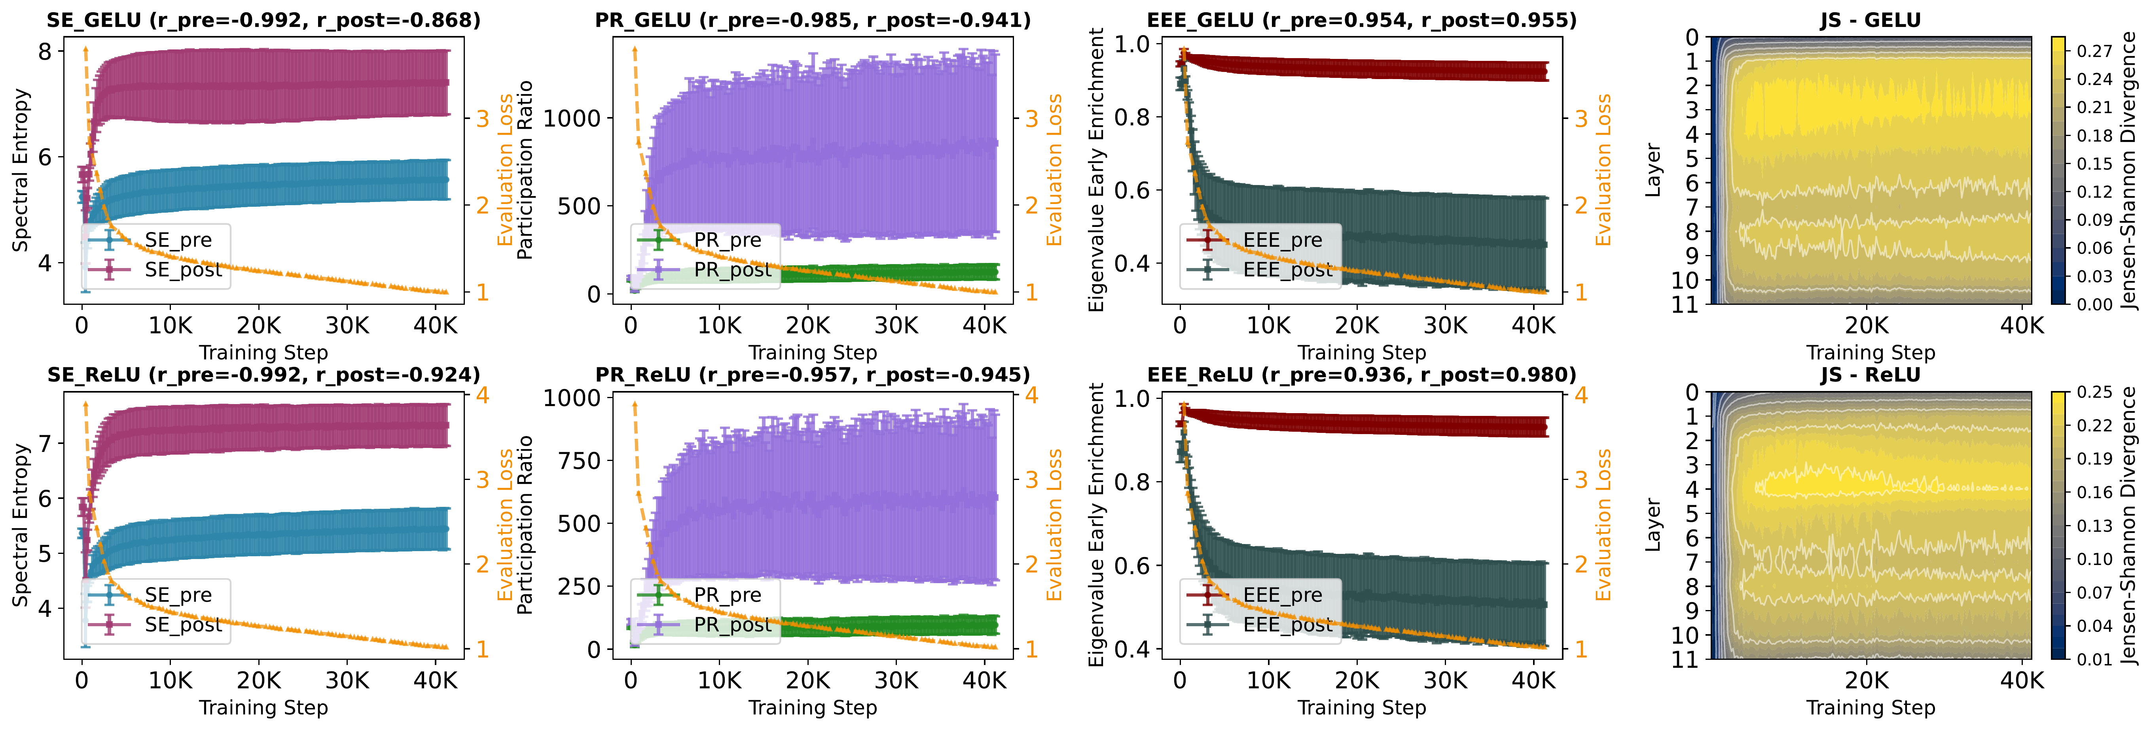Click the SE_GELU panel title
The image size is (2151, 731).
point(263,20)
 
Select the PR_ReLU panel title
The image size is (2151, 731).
point(813,375)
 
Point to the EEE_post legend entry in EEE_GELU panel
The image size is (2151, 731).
point(1288,270)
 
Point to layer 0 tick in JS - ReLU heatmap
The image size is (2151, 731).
point(1692,392)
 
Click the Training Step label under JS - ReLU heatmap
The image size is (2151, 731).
point(1871,708)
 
